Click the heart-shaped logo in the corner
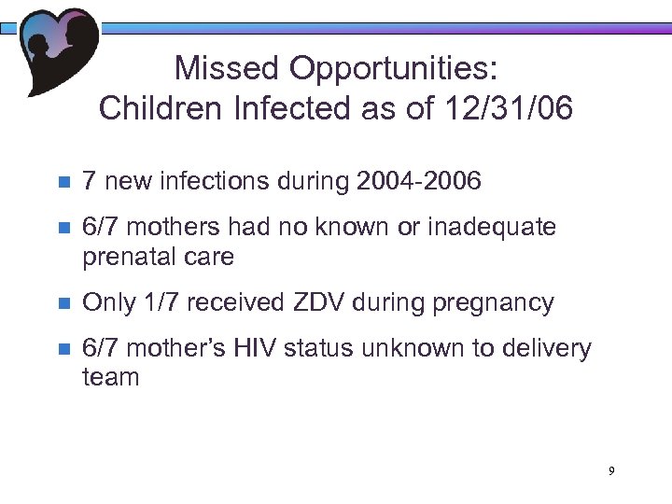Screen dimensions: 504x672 58,49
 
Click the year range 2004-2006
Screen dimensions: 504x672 419,180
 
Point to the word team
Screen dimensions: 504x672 111,378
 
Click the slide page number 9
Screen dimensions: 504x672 611,471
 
